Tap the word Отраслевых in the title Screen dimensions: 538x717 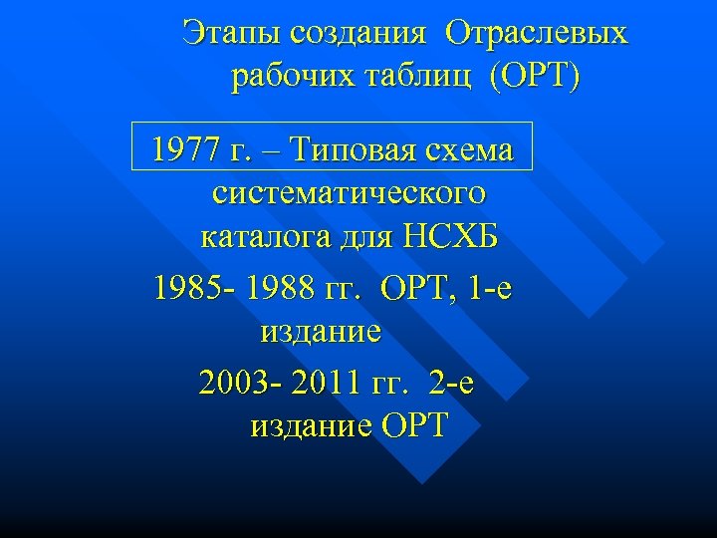click(538, 33)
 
